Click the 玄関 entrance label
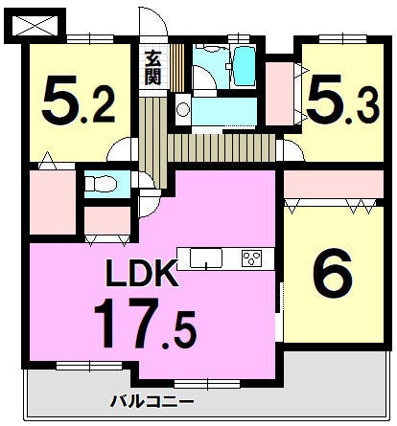click(x=152, y=68)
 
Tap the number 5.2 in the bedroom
click(x=79, y=101)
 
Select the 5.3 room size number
click(x=343, y=100)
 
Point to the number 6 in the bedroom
click(x=333, y=273)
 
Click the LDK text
click(x=142, y=273)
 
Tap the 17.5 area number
click(x=145, y=324)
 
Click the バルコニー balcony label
click(x=152, y=401)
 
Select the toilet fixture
click(x=101, y=184)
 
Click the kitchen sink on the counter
click(x=206, y=258)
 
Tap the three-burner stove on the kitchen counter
click(x=252, y=258)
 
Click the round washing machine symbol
click(x=183, y=110)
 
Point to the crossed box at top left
click(x=35, y=26)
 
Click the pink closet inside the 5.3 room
click(x=280, y=94)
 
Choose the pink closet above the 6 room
click(x=334, y=185)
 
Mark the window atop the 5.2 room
click(x=90, y=38)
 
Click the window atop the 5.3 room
click(x=342, y=38)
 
